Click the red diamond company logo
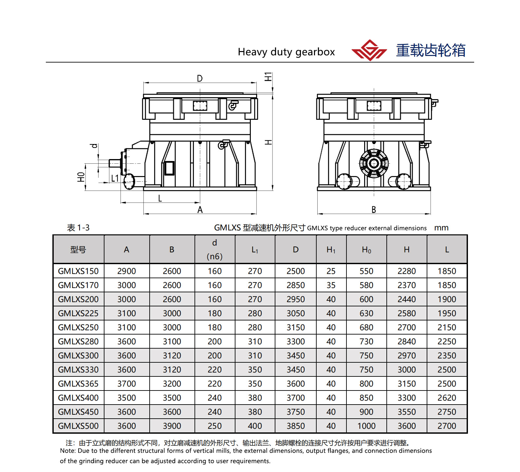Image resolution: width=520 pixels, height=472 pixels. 369,50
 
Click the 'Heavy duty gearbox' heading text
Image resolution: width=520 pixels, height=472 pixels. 286,52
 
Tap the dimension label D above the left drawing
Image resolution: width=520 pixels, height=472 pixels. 200,79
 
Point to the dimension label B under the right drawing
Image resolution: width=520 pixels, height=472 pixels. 374,210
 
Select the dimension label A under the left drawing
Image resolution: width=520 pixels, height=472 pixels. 200,210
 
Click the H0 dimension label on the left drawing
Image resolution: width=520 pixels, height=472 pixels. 81,177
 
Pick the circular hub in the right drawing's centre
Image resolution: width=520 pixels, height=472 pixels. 374,163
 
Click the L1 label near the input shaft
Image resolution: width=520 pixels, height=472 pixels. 115,178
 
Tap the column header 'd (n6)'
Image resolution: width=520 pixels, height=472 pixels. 214,249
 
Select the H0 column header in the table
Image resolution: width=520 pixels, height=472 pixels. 366,250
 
